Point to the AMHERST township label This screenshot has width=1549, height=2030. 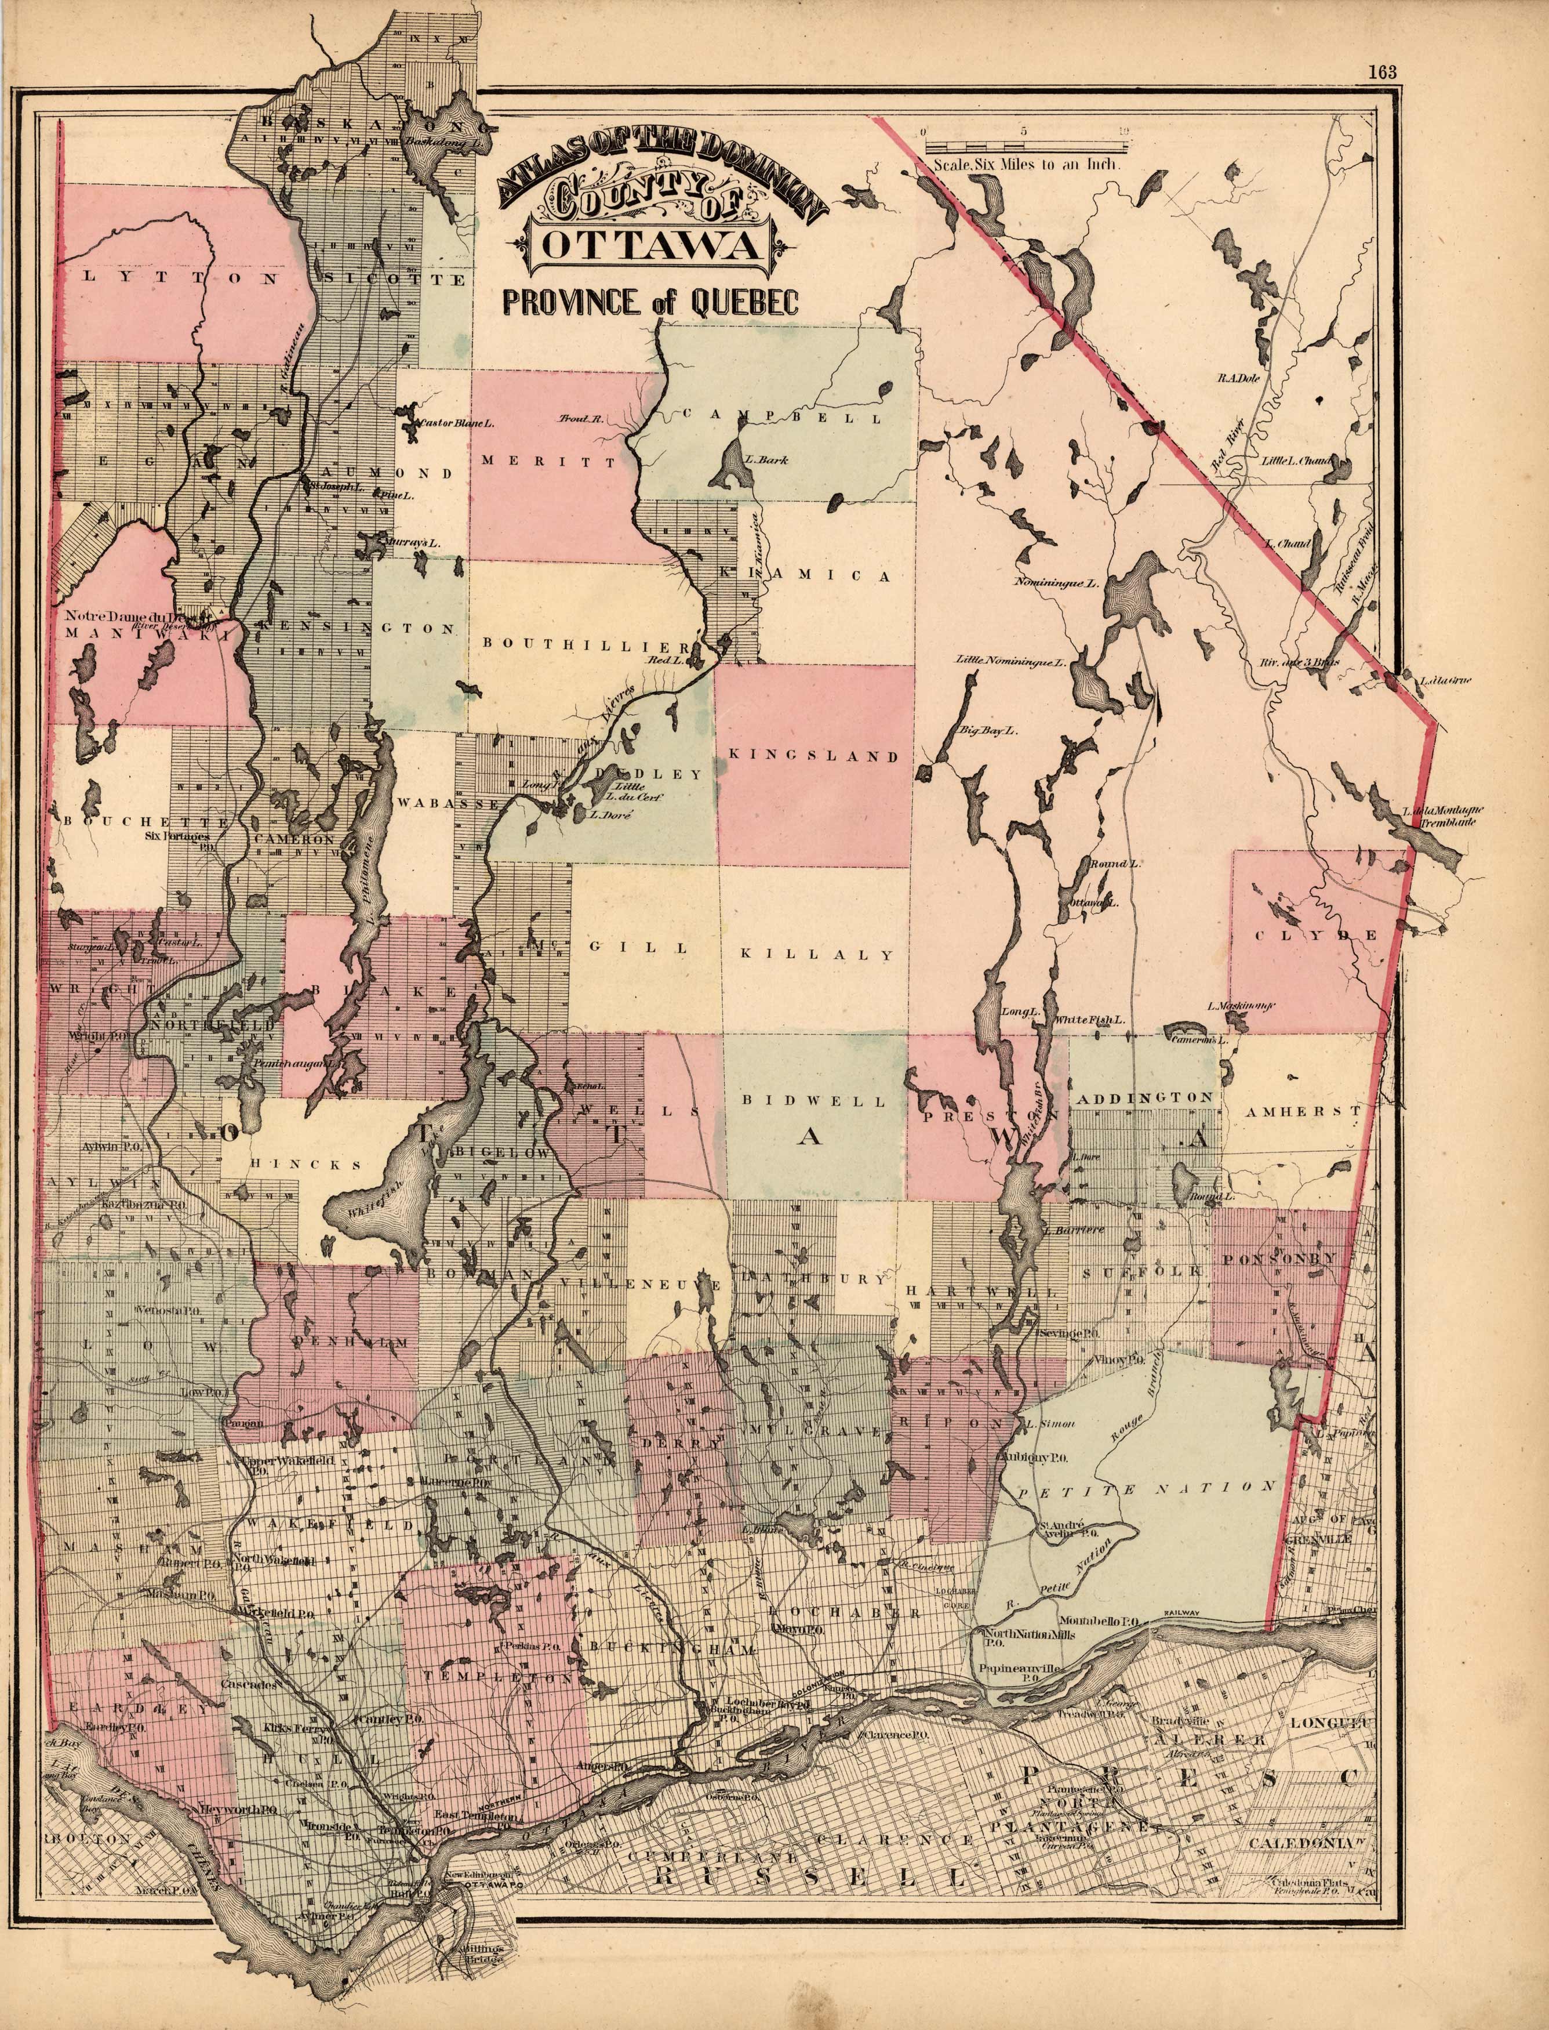(1302, 1113)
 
